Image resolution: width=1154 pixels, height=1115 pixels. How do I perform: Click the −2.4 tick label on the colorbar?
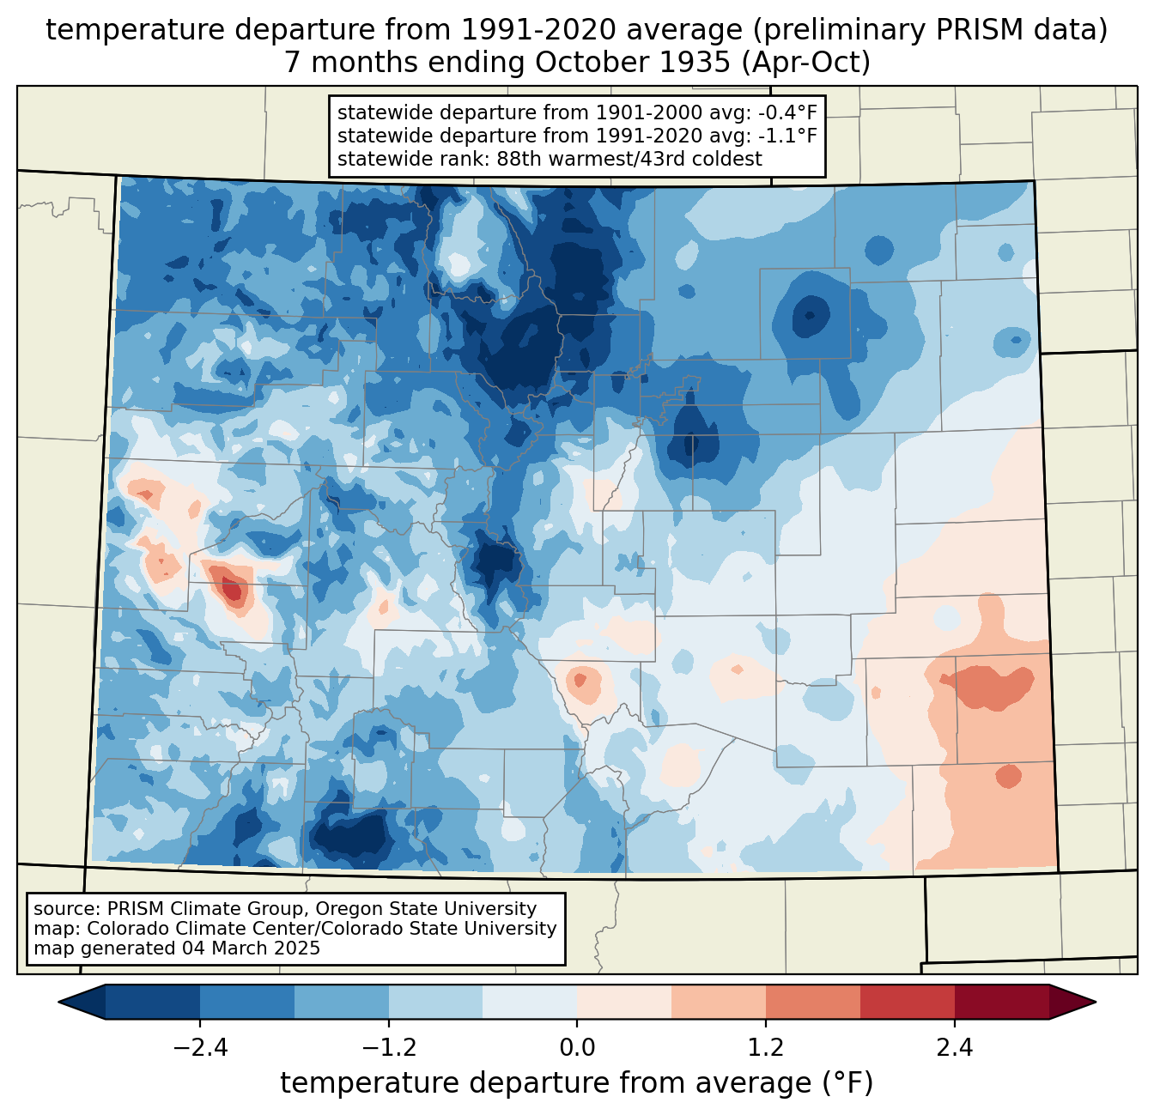click(200, 1048)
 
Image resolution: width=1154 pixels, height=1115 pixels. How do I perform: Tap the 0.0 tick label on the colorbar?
click(577, 1048)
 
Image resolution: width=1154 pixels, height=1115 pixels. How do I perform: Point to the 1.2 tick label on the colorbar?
click(766, 1048)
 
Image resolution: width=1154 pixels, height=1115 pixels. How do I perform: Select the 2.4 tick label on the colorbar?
click(954, 1048)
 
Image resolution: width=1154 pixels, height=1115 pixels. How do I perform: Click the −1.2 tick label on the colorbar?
click(388, 1048)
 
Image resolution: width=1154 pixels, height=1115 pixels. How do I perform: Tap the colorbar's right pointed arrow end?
click(1072, 1002)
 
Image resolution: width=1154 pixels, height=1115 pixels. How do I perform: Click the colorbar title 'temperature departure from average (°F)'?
click(576, 1083)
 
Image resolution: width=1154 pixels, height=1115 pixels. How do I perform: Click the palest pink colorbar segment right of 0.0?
click(624, 1002)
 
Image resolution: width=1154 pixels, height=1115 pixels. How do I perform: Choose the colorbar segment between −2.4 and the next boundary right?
click(247, 1002)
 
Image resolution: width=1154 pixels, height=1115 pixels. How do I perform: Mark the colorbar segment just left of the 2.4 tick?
click(907, 1002)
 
